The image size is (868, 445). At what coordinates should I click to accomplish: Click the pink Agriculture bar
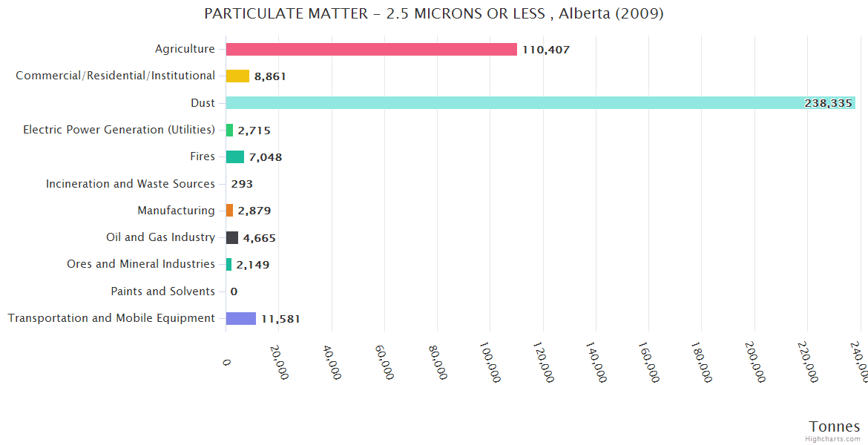coord(371,50)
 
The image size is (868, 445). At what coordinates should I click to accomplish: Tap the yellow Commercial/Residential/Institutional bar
coord(237,76)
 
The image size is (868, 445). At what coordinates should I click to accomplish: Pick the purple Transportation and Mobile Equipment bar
coord(241,318)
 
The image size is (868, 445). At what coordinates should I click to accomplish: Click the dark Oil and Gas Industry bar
coord(232,237)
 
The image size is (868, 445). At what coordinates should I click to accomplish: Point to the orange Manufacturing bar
coord(230,211)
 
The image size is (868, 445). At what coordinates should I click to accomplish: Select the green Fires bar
coord(235,156)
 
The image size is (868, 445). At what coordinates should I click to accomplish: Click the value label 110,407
coord(546,50)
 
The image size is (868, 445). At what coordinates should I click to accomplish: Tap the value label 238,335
coord(828,103)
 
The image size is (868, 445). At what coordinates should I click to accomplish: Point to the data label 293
coord(242,184)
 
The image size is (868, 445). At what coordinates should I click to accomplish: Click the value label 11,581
coord(280,319)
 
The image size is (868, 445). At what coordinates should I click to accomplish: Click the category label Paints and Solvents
coord(162,291)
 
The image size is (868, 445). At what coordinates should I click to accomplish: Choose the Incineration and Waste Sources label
coord(131,184)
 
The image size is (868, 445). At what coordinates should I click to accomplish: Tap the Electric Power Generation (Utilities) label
coord(119,130)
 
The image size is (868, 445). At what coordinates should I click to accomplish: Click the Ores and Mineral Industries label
coord(141,264)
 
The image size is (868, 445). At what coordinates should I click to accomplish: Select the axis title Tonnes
coord(835,426)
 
